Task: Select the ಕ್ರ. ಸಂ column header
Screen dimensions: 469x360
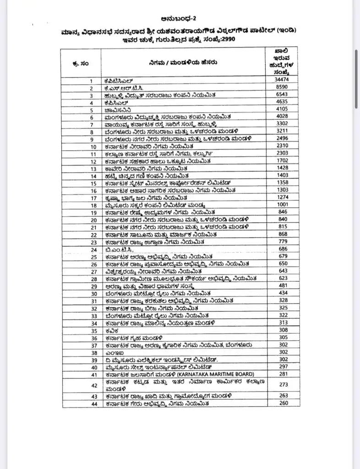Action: pyautogui.click(x=81, y=64)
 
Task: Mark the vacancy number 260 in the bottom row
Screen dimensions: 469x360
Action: pyautogui.click(x=283, y=403)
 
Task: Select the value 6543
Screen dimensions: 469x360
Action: pyautogui.click(x=283, y=95)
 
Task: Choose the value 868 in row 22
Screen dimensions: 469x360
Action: pyautogui.click(x=283, y=234)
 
